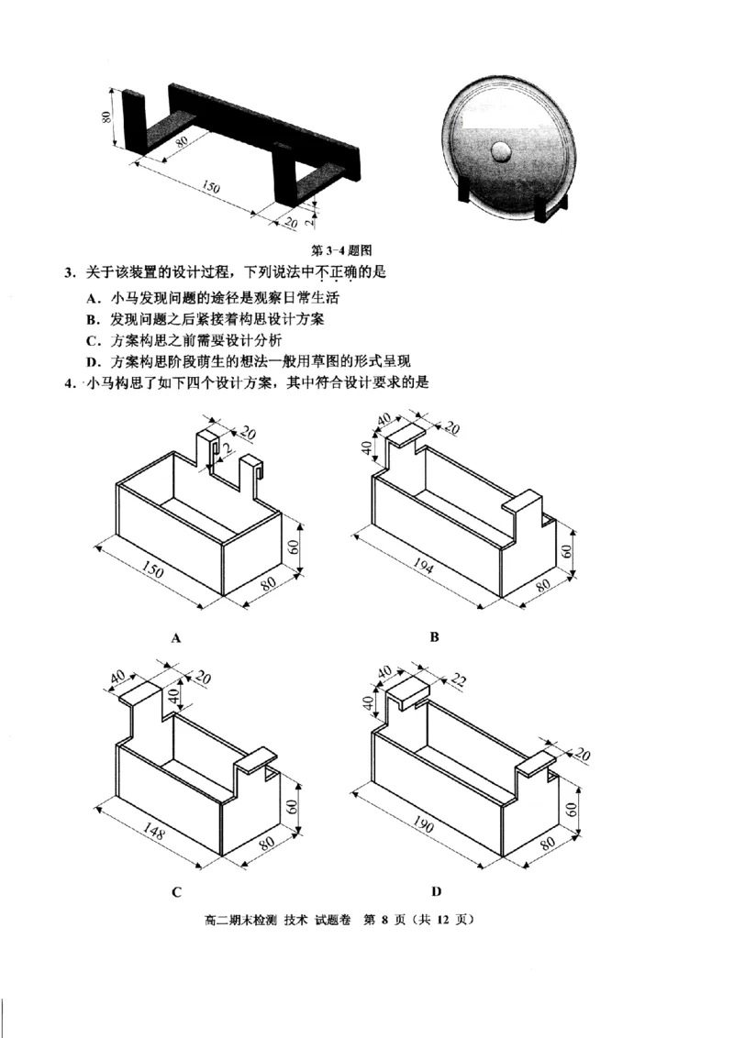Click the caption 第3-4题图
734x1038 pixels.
point(341,248)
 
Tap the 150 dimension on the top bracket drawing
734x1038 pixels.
point(210,187)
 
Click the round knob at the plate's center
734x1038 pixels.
point(503,150)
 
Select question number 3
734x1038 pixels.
point(69,272)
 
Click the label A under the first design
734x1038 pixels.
point(174,635)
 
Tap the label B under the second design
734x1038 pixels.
point(436,635)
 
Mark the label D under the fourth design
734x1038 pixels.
point(437,890)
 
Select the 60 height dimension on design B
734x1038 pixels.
point(567,551)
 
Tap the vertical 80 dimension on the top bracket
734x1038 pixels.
point(106,116)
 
